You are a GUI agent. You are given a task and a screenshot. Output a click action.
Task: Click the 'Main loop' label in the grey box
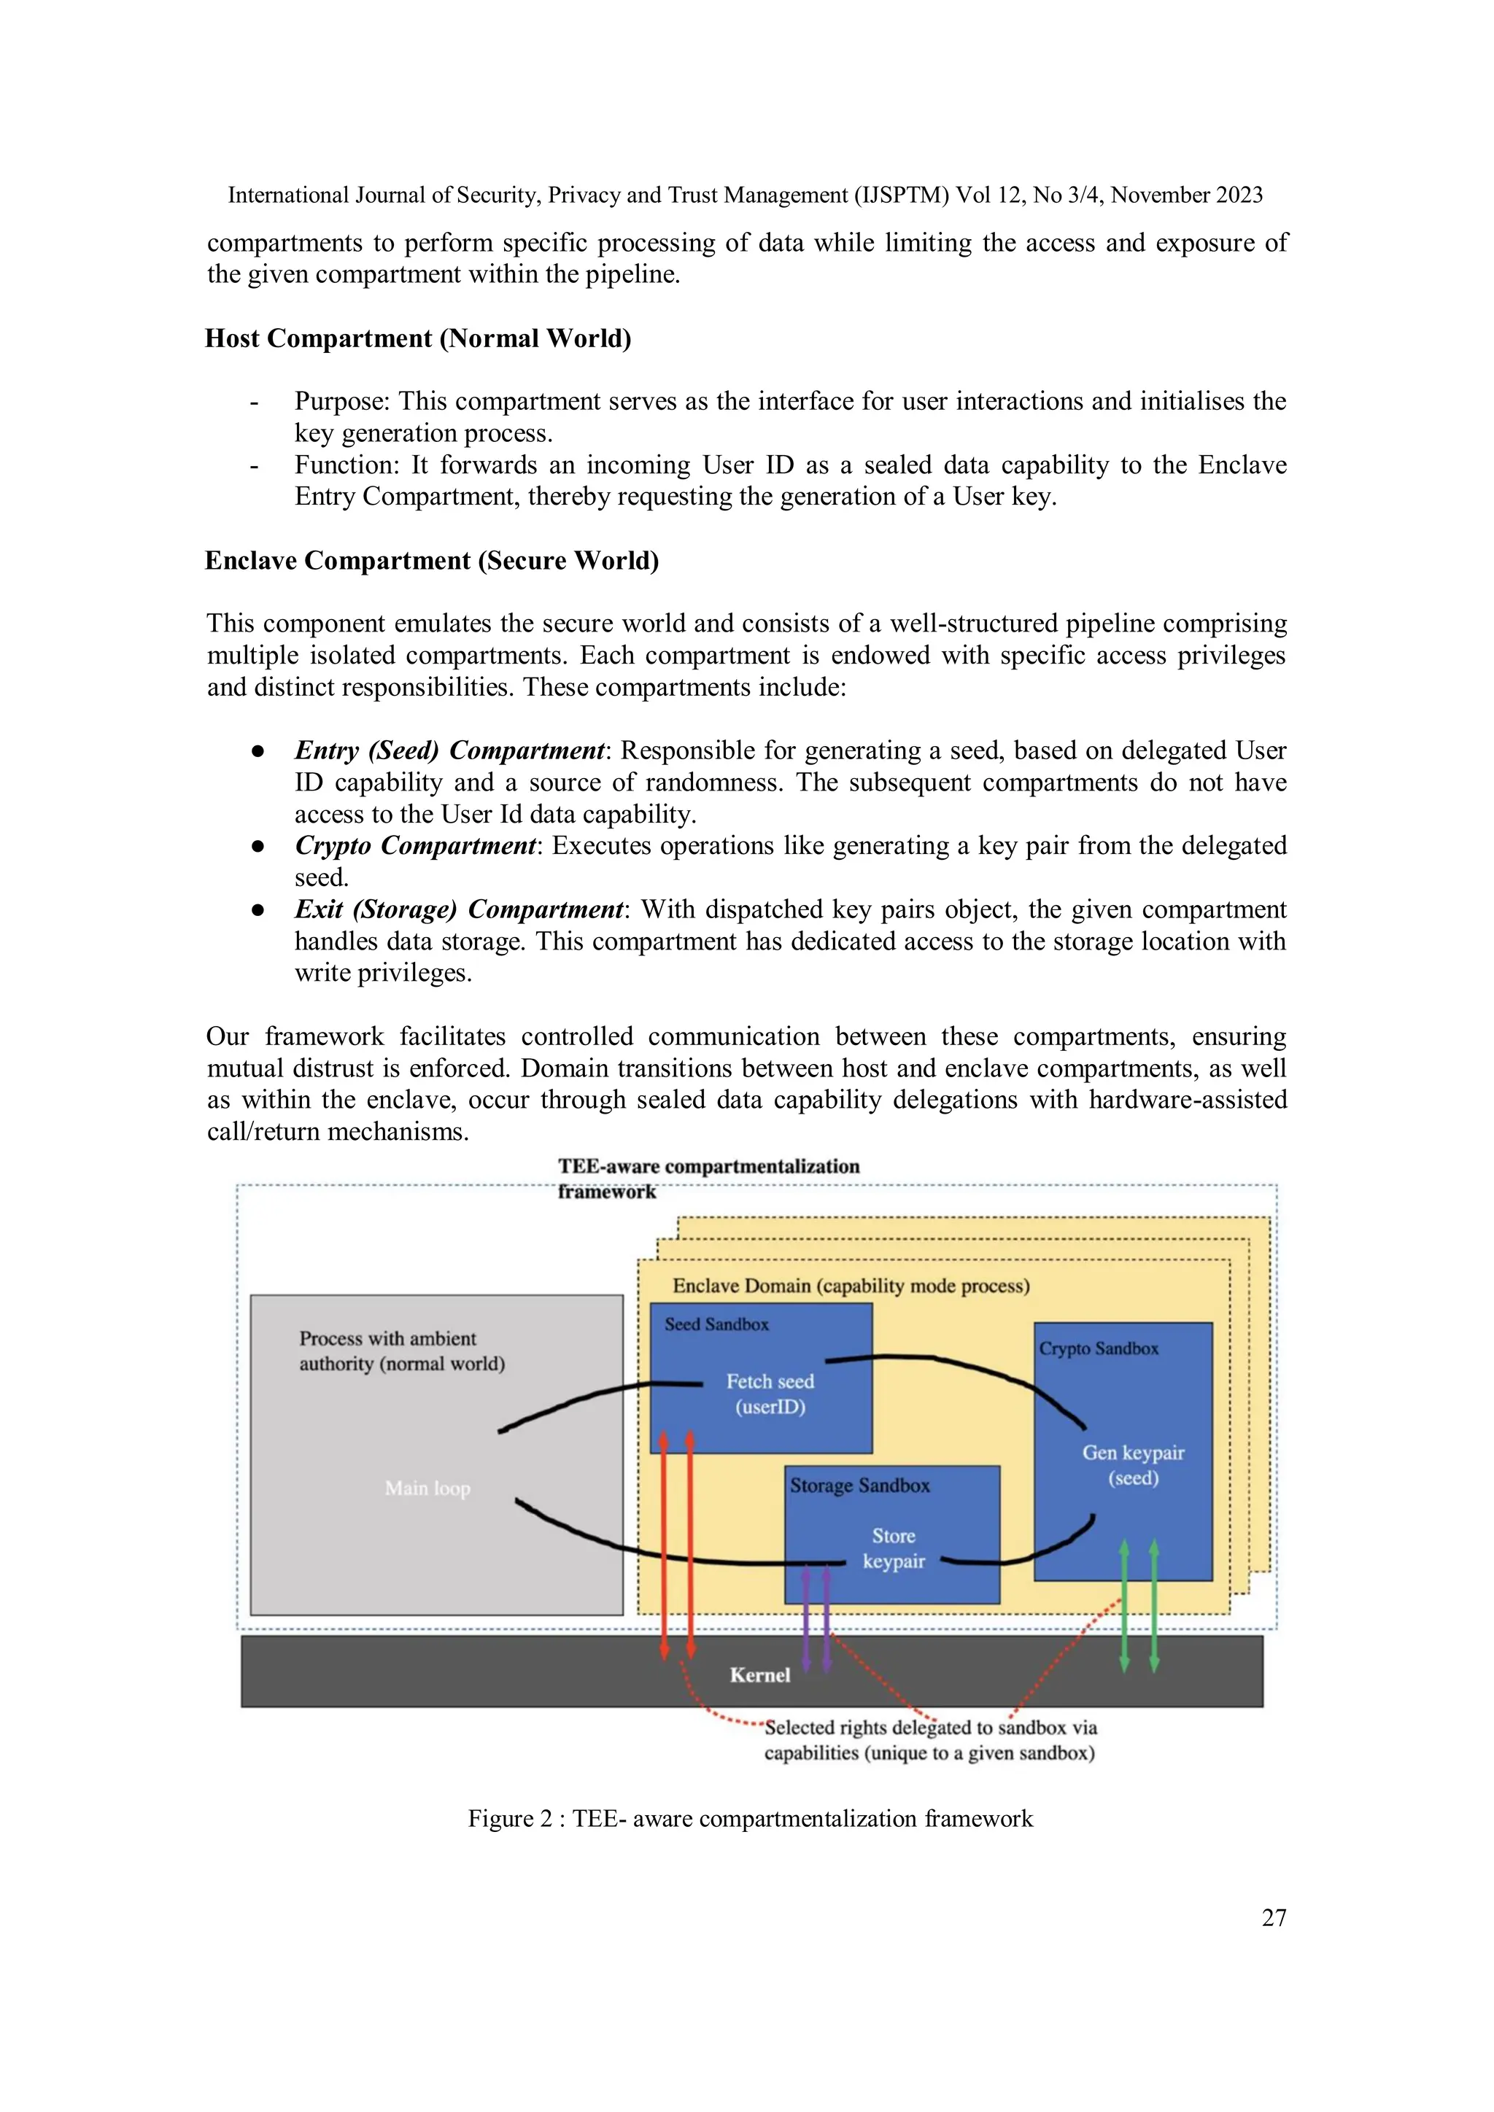coord(427,1488)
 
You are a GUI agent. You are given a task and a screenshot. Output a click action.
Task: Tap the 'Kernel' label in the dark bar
coord(760,1675)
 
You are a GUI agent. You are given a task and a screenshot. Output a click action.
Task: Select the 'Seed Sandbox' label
coord(716,1324)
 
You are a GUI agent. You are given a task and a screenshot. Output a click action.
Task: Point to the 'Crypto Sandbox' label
coord(1099,1348)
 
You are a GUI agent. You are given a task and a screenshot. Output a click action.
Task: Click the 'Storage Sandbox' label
coord(859,1486)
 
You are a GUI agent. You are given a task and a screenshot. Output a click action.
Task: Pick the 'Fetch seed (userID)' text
coord(770,1394)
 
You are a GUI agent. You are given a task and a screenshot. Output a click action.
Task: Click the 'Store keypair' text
coord(894,1548)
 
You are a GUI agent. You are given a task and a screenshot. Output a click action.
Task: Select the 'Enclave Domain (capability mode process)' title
coord(851,1286)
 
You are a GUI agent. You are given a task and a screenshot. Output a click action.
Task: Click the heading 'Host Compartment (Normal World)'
coord(418,338)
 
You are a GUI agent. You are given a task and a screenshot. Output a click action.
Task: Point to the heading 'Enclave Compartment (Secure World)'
coord(431,561)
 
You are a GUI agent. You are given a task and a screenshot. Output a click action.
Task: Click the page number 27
coord(1273,1917)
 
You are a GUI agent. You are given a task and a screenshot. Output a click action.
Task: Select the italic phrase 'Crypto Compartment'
coord(415,845)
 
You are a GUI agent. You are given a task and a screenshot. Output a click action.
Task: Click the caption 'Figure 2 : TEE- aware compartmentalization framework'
coord(750,1819)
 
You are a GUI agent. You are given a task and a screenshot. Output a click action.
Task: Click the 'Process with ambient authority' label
coord(401,1351)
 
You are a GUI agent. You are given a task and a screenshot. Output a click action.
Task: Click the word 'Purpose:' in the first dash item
coord(342,402)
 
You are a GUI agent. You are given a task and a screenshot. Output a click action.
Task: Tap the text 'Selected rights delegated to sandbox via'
coord(930,1728)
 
